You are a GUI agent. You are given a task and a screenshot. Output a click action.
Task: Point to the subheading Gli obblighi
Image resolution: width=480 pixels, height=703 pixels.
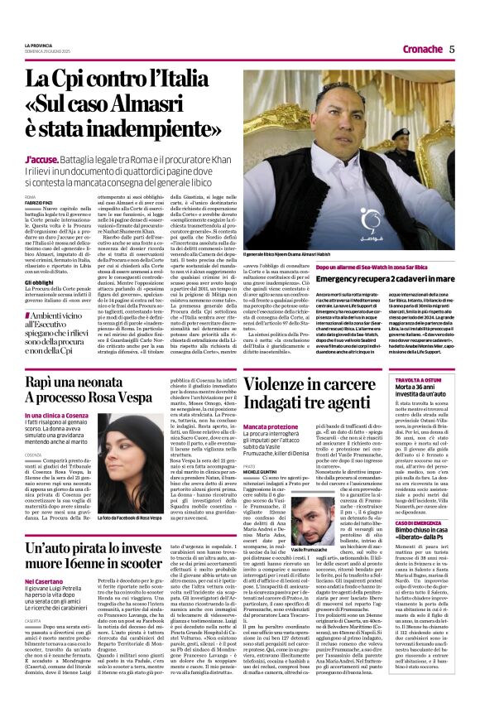tap(41, 282)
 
